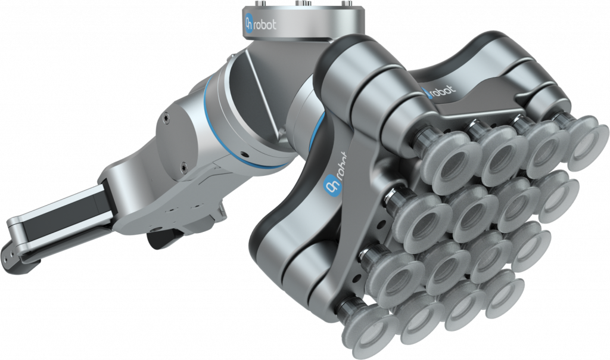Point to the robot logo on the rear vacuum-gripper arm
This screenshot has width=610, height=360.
pos(439,92)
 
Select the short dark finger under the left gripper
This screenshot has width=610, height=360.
pos(156,238)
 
